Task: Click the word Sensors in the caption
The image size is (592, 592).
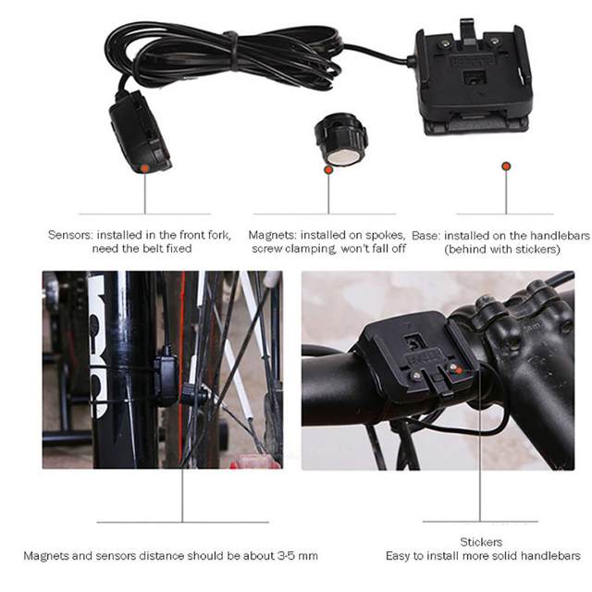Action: (x=70, y=235)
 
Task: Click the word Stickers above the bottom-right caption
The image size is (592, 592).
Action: (x=481, y=542)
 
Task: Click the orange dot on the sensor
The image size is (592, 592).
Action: (x=144, y=167)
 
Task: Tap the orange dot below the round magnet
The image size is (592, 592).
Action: (x=328, y=170)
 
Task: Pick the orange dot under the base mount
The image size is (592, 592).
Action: (x=506, y=166)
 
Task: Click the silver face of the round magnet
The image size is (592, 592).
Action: (x=343, y=156)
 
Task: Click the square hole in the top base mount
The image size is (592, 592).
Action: (x=473, y=78)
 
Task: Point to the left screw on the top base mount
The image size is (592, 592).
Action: (x=446, y=43)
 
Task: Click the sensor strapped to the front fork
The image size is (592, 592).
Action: (x=166, y=377)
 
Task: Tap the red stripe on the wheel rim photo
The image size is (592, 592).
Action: (x=181, y=363)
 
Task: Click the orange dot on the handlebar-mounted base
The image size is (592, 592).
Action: (x=459, y=371)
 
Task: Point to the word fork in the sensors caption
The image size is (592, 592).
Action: (x=218, y=235)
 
